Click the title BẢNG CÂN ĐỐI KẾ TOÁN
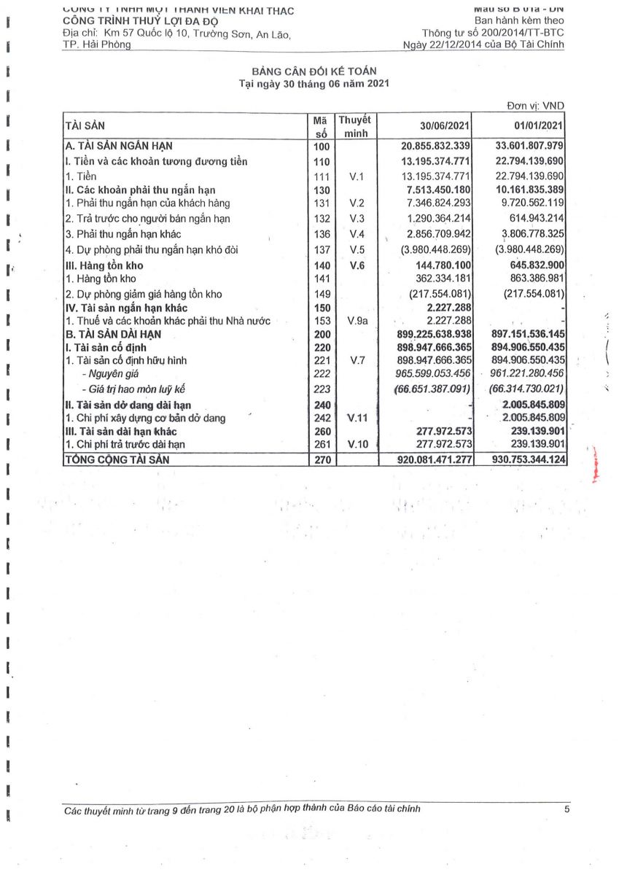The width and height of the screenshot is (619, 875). [x=314, y=71]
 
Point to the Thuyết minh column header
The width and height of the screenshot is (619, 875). [x=354, y=126]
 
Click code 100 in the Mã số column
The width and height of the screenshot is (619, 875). [x=321, y=146]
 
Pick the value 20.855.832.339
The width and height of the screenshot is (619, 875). [x=426, y=146]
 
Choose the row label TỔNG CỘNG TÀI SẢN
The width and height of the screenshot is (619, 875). [x=122, y=459]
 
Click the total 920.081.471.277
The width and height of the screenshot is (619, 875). [x=426, y=459]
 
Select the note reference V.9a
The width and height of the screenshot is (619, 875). [x=357, y=321]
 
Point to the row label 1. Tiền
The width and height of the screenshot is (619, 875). [x=81, y=176]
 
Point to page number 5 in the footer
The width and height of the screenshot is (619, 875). [x=567, y=809]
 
